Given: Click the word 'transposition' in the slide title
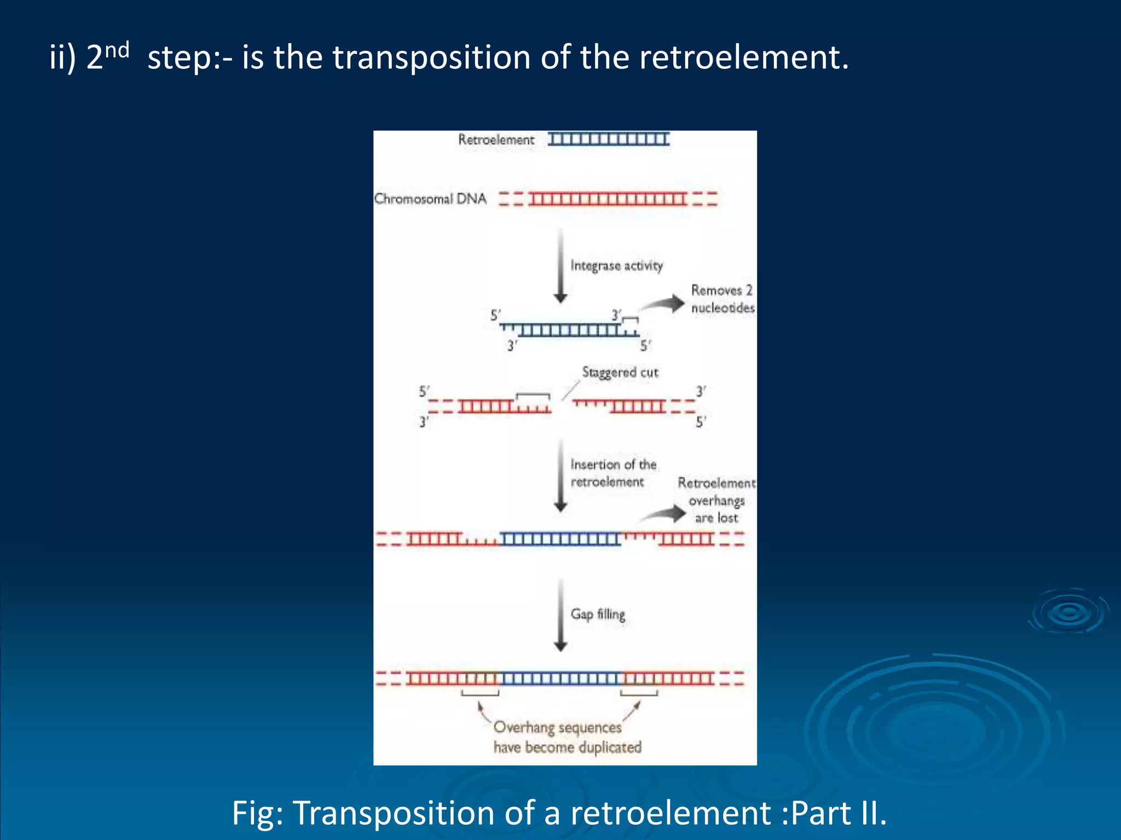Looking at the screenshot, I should (x=431, y=57).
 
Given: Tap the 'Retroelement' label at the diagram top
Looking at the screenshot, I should (x=496, y=140).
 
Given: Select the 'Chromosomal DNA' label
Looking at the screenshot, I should (x=430, y=199).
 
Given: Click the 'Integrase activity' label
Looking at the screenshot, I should (x=616, y=266).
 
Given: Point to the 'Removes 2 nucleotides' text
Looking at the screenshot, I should (x=722, y=299).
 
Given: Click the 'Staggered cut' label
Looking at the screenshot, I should (x=620, y=372).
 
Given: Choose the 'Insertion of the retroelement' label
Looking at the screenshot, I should (x=612, y=473).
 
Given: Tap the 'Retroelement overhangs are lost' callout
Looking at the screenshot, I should (x=716, y=500).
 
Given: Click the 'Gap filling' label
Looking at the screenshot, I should (x=598, y=614).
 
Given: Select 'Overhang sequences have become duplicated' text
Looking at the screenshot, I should (x=567, y=737).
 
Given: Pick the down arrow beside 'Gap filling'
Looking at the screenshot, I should (x=560, y=615).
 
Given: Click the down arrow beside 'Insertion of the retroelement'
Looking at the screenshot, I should (x=560, y=476).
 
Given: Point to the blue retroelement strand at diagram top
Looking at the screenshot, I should (x=609, y=139).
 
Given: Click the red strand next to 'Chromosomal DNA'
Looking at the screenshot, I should (x=608, y=199).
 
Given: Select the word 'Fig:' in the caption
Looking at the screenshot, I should (x=257, y=813).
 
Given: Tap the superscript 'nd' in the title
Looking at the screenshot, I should (x=117, y=50).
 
